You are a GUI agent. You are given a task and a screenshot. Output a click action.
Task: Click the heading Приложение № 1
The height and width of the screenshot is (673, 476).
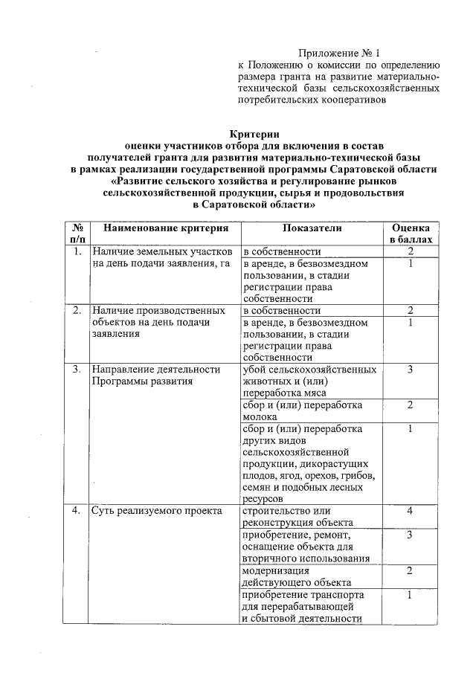tap(338, 53)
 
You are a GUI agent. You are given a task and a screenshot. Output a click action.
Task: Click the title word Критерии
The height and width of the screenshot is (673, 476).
tap(254, 135)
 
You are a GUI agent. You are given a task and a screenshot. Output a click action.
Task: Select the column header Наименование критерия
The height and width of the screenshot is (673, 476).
tap(164, 226)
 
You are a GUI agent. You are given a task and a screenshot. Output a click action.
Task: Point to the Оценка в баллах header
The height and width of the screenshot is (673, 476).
tap(410, 233)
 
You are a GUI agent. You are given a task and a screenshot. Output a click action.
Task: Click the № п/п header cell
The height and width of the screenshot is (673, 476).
tap(77, 233)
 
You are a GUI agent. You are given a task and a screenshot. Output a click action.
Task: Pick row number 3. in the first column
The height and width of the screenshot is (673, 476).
tap(77, 369)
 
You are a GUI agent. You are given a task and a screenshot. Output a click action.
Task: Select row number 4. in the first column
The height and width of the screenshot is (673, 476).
tap(77, 511)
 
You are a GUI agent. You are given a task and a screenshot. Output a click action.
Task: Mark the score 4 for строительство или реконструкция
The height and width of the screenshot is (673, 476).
tap(410, 511)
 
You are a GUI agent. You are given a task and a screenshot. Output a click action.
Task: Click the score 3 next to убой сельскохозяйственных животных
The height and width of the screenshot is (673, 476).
tap(410, 369)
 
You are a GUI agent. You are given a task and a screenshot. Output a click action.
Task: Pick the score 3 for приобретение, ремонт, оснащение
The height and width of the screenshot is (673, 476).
tap(410, 535)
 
